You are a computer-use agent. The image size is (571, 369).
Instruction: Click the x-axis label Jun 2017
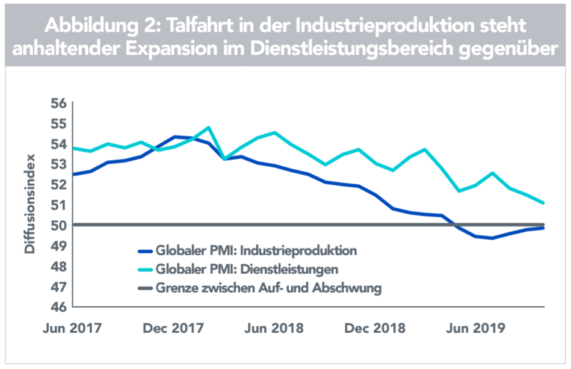(73, 329)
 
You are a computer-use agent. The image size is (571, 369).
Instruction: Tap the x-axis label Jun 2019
(478, 329)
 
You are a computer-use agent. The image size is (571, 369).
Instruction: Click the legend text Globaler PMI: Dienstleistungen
(247, 268)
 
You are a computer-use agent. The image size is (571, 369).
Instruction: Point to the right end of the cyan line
(544, 203)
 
